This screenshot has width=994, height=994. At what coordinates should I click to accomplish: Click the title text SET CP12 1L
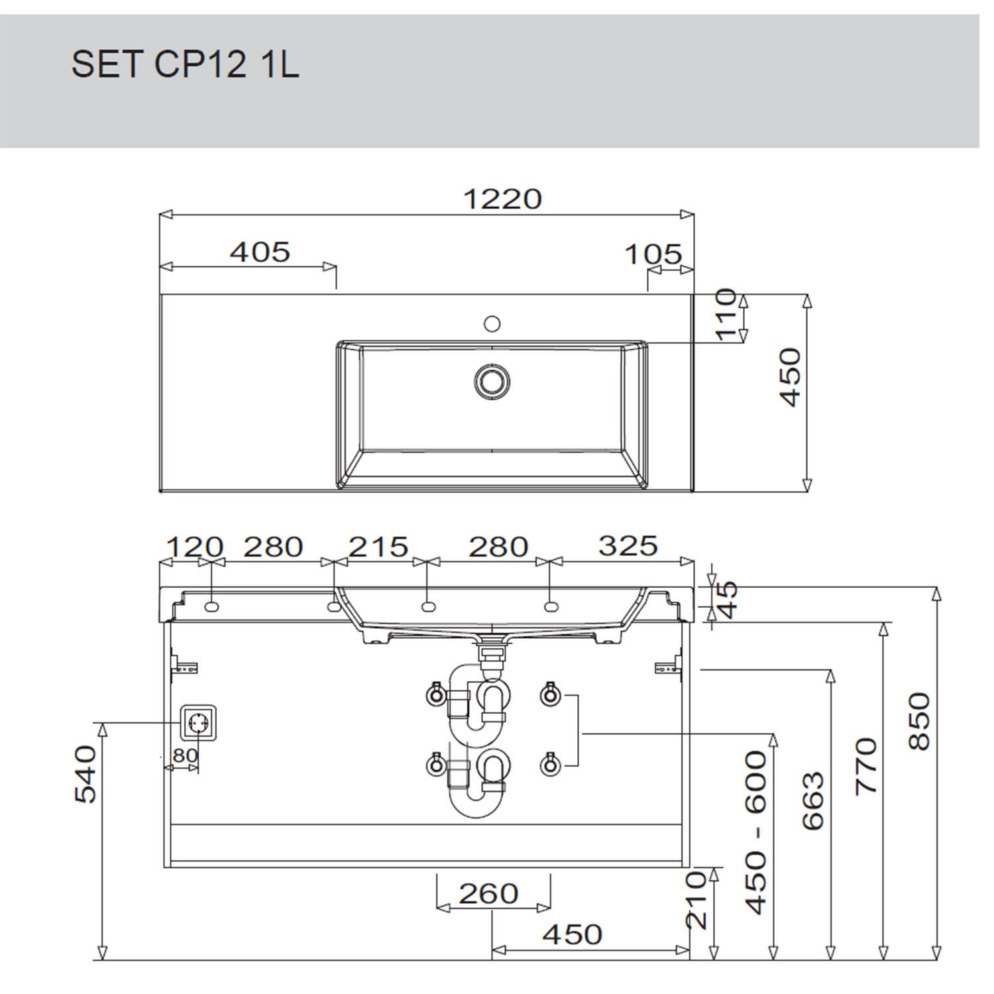click(185, 65)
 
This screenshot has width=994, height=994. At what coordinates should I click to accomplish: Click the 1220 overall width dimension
click(502, 199)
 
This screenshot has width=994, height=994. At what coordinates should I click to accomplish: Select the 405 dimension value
click(260, 252)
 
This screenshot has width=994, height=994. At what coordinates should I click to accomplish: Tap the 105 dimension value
click(653, 254)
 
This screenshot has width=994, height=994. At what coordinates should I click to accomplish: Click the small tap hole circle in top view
click(492, 323)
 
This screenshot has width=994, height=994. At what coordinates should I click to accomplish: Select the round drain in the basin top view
click(492, 381)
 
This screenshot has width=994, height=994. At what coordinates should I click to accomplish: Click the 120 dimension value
click(194, 547)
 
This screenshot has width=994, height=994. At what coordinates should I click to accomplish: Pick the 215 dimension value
click(378, 547)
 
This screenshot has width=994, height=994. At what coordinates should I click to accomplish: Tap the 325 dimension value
click(628, 545)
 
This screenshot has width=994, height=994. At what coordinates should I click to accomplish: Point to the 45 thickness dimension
click(728, 600)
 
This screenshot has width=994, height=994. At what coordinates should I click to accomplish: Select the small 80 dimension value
click(185, 755)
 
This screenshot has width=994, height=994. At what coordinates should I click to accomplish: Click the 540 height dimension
click(86, 774)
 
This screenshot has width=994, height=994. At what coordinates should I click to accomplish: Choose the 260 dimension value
click(488, 894)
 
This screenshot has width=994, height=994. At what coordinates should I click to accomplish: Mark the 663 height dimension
click(813, 801)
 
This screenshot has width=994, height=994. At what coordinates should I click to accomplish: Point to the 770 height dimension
click(866, 765)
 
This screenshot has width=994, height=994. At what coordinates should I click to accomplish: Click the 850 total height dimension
click(919, 721)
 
